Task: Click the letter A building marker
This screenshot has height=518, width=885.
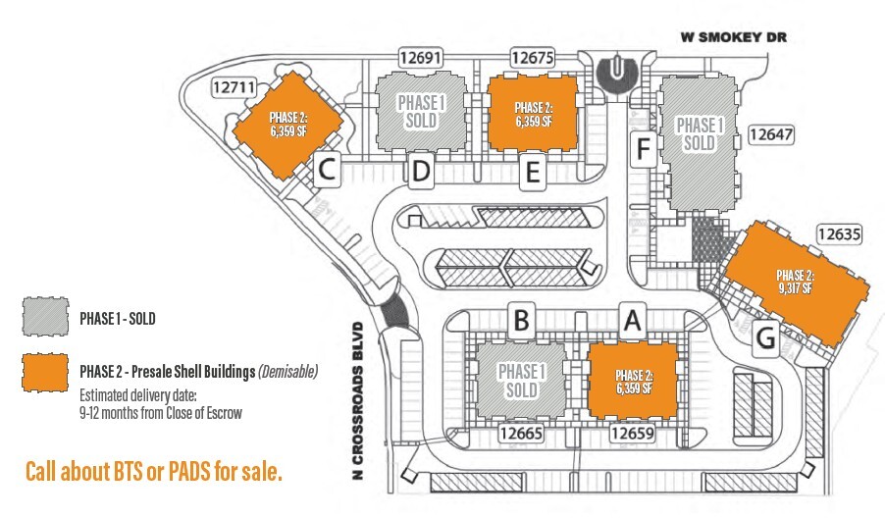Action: coord(633,319)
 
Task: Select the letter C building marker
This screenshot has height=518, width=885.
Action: coord(327,171)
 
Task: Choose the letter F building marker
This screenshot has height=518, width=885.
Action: coord(643,150)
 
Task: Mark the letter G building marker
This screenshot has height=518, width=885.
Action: coord(766,339)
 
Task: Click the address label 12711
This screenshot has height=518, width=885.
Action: coord(234,87)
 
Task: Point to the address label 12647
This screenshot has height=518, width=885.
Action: coord(770,133)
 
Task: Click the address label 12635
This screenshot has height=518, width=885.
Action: coord(838,234)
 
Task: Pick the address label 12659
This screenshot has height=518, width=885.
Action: coord(633,432)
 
